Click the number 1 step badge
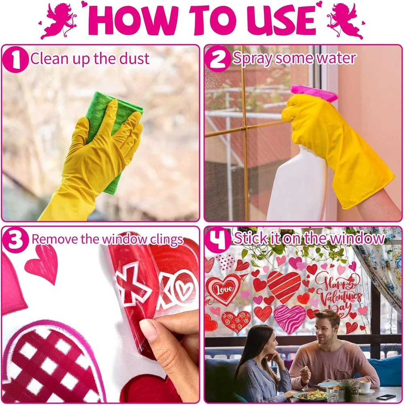15,60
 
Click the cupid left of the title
58,21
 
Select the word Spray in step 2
252,59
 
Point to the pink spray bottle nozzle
314,94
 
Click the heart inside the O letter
184,289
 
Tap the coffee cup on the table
364,387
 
